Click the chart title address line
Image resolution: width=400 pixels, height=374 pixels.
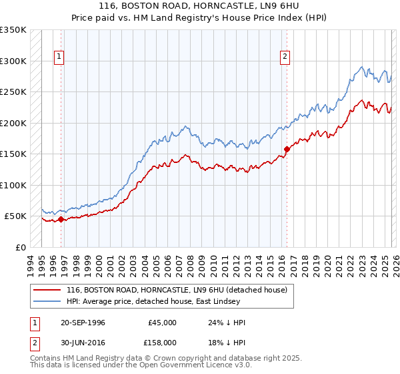199,6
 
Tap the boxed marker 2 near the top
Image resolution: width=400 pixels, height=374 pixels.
285,57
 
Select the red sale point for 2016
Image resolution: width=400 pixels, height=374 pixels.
287,149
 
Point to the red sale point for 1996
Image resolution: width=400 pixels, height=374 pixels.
61,218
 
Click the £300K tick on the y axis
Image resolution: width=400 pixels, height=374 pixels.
13,61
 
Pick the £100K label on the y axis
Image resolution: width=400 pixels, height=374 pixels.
13,185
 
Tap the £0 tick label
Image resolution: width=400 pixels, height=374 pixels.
20,247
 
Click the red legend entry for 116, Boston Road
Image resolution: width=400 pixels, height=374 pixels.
177,290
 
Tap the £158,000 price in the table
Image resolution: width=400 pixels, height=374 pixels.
161,343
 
